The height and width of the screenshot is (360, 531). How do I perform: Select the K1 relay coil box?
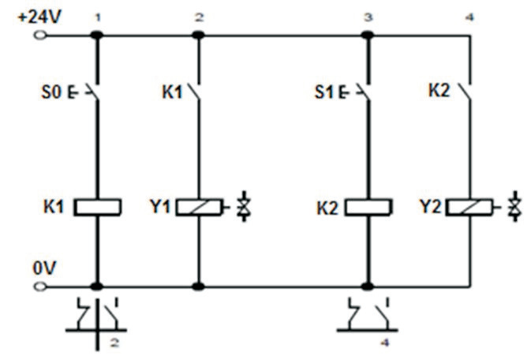tap(97, 208)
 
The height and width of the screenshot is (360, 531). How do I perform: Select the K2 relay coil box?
tap(367, 208)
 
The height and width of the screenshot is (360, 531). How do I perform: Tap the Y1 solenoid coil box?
tap(198, 208)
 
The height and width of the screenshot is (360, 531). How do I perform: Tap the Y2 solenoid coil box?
tap(471, 208)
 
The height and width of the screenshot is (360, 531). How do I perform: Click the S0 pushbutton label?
tap(50, 94)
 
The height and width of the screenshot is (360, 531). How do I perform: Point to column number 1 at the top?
tap(97, 17)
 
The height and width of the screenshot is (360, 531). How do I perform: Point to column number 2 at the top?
tap(199, 17)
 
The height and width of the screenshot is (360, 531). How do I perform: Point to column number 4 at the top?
tap(471, 17)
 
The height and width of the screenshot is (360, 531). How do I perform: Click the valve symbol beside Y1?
tap(242, 208)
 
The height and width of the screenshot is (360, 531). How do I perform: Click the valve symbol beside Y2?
tap(515, 208)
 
